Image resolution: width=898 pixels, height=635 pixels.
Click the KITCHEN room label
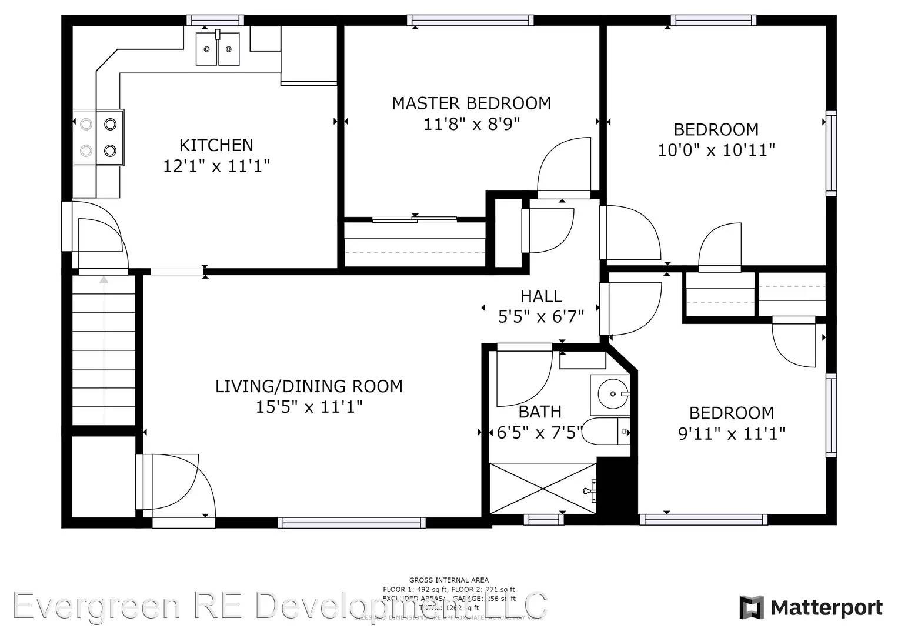tap(216, 145)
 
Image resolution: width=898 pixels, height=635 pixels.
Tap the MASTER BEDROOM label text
tap(471, 103)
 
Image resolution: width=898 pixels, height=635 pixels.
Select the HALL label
tap(541, 296)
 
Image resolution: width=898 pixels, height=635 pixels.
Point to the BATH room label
tap(539, 412)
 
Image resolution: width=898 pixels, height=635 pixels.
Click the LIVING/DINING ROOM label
tap(309, 386)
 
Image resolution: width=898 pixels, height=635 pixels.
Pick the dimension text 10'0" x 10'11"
tap(716, 150)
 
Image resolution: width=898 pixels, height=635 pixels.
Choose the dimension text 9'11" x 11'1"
tap(732, 434)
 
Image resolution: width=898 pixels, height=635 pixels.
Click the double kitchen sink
tap(218, 49)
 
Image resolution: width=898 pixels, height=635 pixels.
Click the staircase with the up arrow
tap(104, 349)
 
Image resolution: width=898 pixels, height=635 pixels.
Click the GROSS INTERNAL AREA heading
tap(449, 580)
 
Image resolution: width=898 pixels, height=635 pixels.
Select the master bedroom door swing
tap(563, 167)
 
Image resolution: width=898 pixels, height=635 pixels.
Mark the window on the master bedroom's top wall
tap(470, 21)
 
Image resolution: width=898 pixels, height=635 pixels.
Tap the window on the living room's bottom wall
tap(351, 522)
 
